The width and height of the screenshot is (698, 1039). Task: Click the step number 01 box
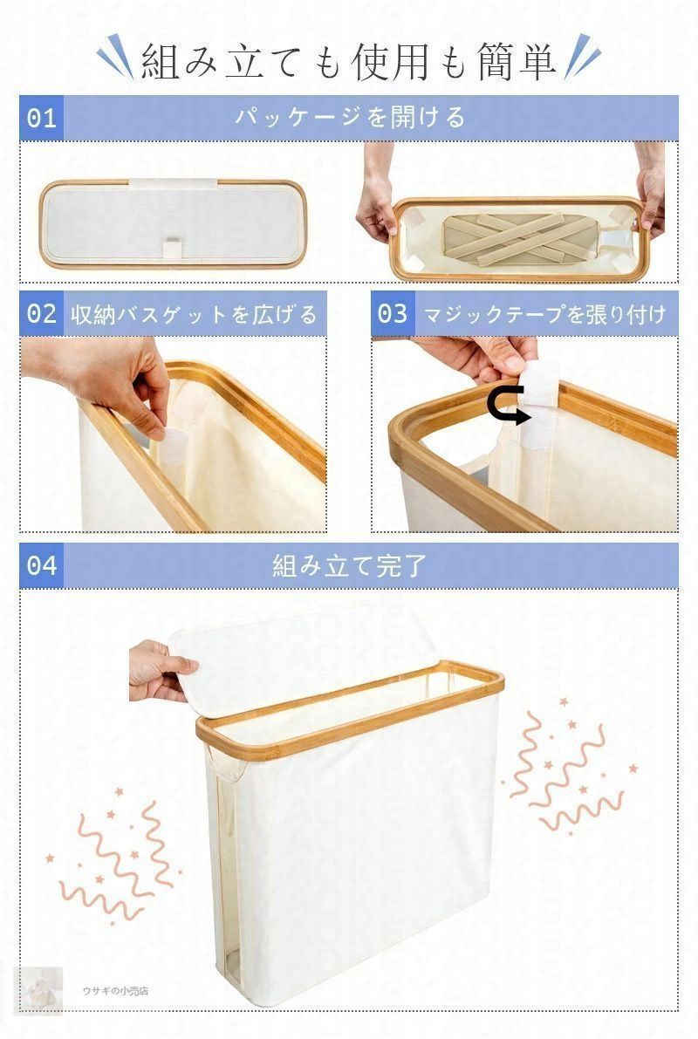41,118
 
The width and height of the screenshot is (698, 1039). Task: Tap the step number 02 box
41,314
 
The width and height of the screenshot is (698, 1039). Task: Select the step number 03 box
393,314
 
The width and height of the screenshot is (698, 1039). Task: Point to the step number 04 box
41,565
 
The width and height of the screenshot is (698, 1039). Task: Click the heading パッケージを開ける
349,118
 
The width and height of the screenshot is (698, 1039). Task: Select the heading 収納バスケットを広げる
194,314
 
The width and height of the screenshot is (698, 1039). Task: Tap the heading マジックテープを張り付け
544,314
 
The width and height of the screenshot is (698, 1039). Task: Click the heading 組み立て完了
349,565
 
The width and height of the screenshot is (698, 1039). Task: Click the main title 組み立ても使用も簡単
349,62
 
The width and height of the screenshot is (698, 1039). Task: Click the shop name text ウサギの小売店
115,991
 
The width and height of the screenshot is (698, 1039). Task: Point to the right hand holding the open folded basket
651,196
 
